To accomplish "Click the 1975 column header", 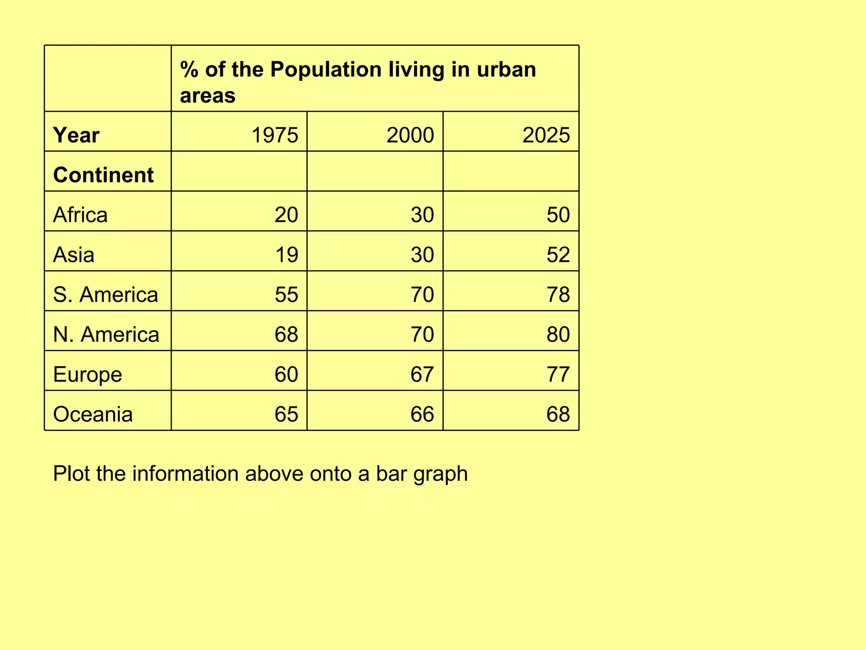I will [x=274, y=135].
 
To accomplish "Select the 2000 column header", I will [x=410, y=135].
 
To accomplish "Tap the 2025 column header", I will [x=546, y=135].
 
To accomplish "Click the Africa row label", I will [x=80, y=215].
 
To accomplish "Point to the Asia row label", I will [x=74, y=255].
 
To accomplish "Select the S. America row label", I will [x=105, y=295].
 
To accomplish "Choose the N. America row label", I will [x=106, y=334].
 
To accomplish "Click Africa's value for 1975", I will [x=286, y=215].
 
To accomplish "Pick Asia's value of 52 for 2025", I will [x=558, y=255].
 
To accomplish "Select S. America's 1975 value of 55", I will [x=286, y=295].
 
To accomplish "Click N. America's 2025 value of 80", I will [x=558, y=334].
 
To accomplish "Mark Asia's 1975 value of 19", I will [x=286, y=255].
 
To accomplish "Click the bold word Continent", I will [x=103, y=175].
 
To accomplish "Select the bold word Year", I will [x=76, y=135].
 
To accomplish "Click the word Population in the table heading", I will [x=326, y=70].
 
